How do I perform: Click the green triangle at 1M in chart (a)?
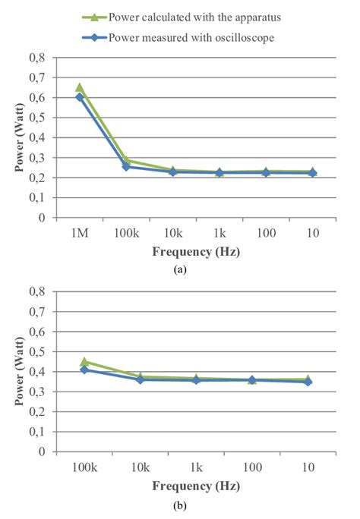(x=80, y=87)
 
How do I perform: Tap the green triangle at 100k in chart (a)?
(x=127, y=160)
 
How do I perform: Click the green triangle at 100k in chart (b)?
(x=84, y=362)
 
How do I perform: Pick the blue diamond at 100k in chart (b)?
(x=84, y=370)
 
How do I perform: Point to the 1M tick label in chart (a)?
(x=80, y=233)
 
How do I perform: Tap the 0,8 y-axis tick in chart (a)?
(x=36, y=58)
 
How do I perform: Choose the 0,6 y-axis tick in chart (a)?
(x=36, y=98)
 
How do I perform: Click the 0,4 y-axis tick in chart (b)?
(x=36, y=372)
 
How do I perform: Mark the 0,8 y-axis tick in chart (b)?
(x=36, y=291)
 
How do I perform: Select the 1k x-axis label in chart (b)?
(x=196, y=467)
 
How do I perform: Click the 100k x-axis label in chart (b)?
(x=84, y=467)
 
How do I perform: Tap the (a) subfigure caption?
(x=179, y=268)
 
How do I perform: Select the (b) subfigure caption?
(x=179, y=504)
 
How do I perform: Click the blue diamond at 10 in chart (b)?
(x=308, y=382)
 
